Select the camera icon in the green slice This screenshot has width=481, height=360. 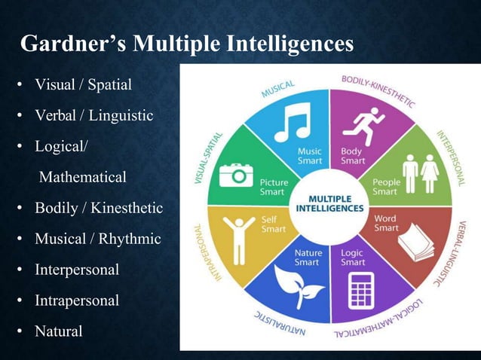click(236, 174)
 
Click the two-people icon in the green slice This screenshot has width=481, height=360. click(421, 174)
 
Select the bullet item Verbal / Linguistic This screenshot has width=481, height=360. click(93, 116)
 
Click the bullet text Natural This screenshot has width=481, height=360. click(59, 331)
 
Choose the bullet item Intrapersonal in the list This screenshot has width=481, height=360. click(77, 301)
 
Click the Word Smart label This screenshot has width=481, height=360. click(386, 224)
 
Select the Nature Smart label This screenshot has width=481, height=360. click(306, 258)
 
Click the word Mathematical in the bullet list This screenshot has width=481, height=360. click(82, 178)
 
